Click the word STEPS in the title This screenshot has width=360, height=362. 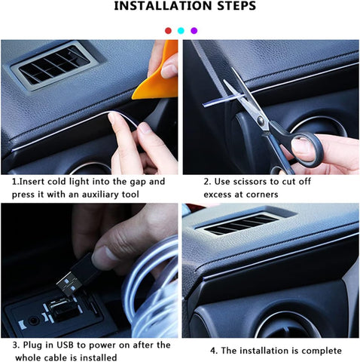click(x=229, y=7)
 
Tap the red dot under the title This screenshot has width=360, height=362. click(x=168, y=31)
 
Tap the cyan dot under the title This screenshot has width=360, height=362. click(x=181, y=31)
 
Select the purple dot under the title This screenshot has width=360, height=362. click(x=194, y=31)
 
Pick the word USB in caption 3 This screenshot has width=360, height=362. click(x=67, y=345)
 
